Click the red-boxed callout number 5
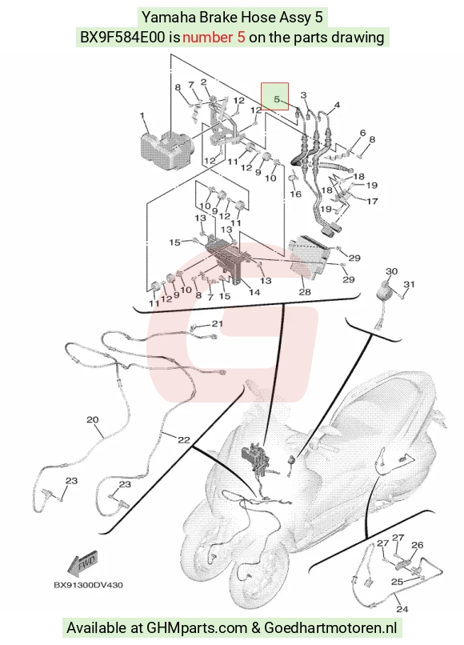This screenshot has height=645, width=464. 277,99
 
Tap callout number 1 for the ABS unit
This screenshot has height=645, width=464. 142,115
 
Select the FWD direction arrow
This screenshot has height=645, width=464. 82,563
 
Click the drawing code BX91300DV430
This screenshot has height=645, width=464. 88,584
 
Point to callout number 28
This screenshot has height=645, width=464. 305,292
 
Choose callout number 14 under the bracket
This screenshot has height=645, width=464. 254,292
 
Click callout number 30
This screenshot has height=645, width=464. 392,271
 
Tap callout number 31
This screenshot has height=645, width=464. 409,284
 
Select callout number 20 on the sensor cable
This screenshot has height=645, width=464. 93,419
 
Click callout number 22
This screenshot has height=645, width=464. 184,439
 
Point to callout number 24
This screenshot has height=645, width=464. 402,609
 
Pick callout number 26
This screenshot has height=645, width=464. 417,545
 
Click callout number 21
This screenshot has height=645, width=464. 217,324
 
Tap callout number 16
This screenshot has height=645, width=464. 296,194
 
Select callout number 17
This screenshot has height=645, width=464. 372,201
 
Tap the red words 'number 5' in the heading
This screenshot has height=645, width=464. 214,38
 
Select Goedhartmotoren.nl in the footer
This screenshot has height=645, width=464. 330,627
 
